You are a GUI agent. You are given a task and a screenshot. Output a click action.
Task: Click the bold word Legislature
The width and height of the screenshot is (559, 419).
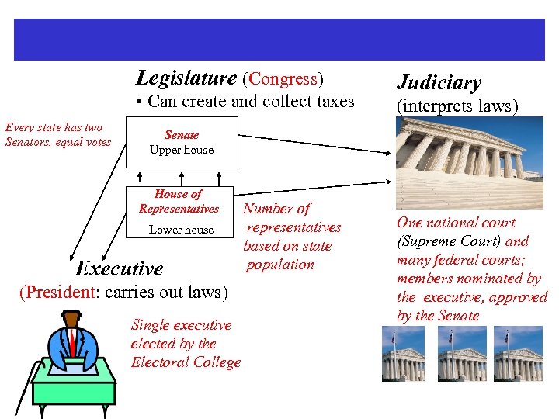(186, 78)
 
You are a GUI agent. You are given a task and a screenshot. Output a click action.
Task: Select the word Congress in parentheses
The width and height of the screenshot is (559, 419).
(283, 78)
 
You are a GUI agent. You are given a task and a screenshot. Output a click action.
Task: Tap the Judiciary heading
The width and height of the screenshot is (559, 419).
(439, 83)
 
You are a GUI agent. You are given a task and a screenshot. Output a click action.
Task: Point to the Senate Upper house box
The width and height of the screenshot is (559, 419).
(182, 142)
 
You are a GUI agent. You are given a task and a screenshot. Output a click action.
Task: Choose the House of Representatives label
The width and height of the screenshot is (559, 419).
(179, 201)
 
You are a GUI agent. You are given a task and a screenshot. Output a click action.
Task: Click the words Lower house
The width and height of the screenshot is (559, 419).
(181, 230)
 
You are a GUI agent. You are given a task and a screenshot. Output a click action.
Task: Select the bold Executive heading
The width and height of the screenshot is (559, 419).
(120, 269)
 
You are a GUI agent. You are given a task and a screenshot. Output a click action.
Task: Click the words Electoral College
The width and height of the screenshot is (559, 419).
(186, 362)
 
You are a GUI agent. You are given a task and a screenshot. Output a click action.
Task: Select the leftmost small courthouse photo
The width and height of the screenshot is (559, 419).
(403, 353)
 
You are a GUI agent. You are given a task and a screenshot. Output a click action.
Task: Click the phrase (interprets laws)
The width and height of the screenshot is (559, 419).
(457, 106)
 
